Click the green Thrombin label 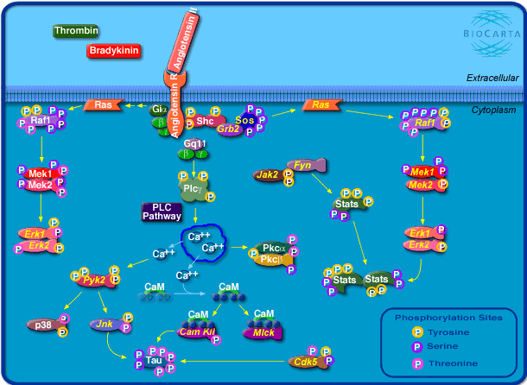coord(75,32)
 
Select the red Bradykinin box coord(114,52)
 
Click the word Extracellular coord(492,78)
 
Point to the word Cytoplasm coord(495,110)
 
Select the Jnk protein coord(107,324)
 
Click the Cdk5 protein coord(305,363)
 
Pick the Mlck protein coord(263,331)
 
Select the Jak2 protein coord(266,174)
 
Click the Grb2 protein coord(228,129)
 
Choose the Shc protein coord(205,121)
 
